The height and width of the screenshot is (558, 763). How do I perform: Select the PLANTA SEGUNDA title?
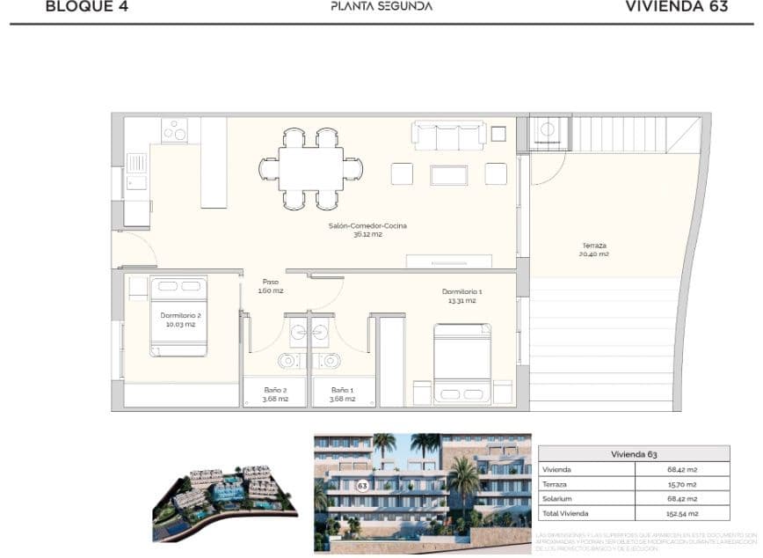pos(381,6)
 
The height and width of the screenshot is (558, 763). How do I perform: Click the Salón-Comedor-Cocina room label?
pos(367,230)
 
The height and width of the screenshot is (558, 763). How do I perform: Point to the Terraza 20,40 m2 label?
pos(594,249)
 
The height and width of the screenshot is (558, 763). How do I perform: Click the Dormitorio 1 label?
pos(461,295)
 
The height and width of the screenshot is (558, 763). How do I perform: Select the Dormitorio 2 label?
pos(181,319)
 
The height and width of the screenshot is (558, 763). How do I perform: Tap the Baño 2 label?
pos(275,393)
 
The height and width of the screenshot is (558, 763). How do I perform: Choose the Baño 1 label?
pos(343,393)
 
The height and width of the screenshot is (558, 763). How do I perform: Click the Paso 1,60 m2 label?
pos(272,286)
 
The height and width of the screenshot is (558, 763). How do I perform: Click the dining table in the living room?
pos(311,168)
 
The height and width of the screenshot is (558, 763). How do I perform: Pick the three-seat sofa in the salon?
pos(449,136)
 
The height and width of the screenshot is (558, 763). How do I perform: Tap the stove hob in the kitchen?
pos(174,130)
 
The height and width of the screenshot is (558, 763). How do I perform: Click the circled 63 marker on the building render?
pos(362,485)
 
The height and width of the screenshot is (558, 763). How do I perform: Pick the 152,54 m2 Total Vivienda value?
pos(682,513)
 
